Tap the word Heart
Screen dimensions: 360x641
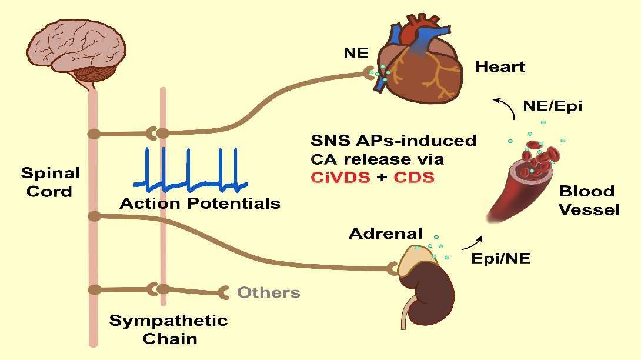500,66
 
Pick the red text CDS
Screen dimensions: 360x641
413,177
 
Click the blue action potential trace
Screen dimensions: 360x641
188,171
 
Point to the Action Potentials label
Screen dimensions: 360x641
200,204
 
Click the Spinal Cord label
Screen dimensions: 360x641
51,182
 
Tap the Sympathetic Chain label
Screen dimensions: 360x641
168,329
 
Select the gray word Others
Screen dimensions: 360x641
268,292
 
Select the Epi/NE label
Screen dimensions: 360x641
502,258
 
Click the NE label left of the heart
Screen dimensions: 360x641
356,53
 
